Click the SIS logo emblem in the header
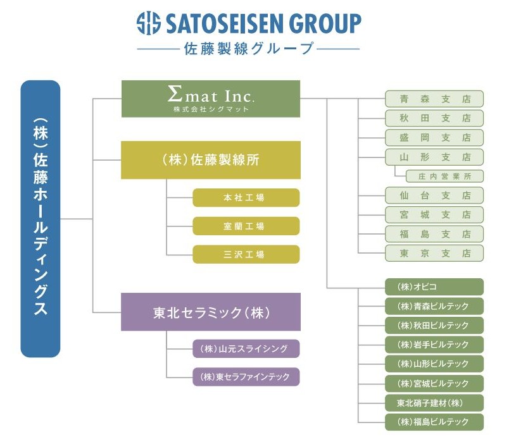click(x=149, y=24)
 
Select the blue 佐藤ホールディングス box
click(x=41, y=219)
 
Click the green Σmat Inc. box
click(x=210, y=99)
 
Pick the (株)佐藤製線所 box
click(x=210, y=160)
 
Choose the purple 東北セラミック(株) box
click(x=210, y=312)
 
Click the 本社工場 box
click(x=246, y=198)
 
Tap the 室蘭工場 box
click(x=246, y=226)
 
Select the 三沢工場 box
click(x=246, y=254)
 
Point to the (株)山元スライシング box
click(x=246, y=348)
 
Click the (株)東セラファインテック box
click(x=246, y=377)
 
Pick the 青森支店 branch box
click(x=434, y=99)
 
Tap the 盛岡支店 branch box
click(x=434, y=137)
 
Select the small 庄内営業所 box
click(x=441, y=176)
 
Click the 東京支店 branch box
click(x=434, y=253)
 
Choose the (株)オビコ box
click(x=434, y=287)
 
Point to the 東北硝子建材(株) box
click(x=434, y=403)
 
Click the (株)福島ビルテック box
click(x=434, y=422)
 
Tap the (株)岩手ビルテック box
click(x=434, y=345)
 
